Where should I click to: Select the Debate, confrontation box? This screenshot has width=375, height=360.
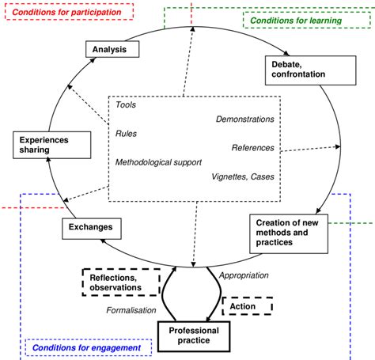tap(298, 69)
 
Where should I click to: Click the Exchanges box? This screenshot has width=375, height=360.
tap(91, 229)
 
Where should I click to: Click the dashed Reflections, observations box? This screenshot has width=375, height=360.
tap(121, 281)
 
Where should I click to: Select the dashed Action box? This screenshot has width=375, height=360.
tap(248, 305)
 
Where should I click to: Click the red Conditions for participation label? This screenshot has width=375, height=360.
tap(66, 12)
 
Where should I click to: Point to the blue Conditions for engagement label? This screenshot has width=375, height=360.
tap(88, 347)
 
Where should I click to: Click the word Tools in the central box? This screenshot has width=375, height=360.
tap(126, 104)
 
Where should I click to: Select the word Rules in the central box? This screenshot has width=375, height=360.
tap(127, 133)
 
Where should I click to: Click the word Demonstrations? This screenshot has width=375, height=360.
tap(244, 119)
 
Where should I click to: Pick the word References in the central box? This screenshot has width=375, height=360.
tap(252, 147)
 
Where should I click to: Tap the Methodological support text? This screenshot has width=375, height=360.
tap(158, 161)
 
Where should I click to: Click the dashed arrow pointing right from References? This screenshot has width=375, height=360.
tap(312, 148)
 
